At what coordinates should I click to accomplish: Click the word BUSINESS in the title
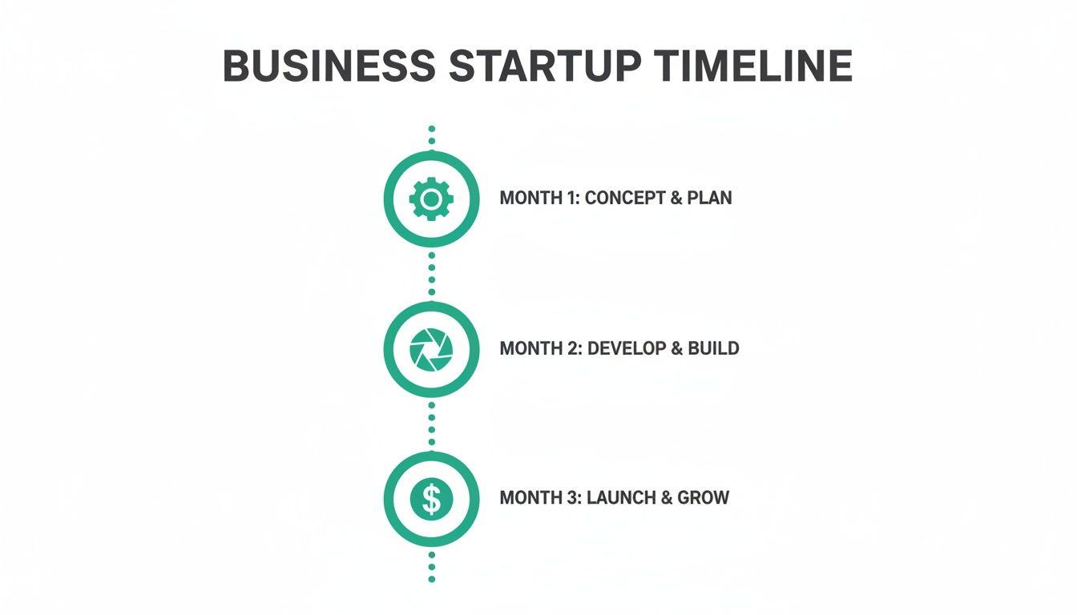pyautogui.click(x=329, y=66)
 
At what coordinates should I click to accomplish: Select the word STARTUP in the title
pyautogui.click(x=545, y=66)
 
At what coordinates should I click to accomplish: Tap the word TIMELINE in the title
pyautogui.click(x=754, y=66)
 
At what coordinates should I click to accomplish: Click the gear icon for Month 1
pyautogui.click(x=431, y=199)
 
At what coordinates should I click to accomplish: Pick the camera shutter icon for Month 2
pyautogui.click(x=431, y=349)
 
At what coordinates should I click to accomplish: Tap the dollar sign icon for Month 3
pyautogui.click(x=431, y=500)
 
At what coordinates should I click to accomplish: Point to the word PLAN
pyautogui.click(x=708, y=198)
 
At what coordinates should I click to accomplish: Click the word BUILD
pyautogui.click(x=713, y=348)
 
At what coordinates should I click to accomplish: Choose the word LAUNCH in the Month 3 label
pyautogui.click(x=621, y=497)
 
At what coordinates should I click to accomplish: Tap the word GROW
pyautogui.click(x=703, y=497)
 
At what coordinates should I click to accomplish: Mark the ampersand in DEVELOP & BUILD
pyautogui.click(x=676, y=348)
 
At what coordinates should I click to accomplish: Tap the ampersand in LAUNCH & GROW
pyautogui.click(x=665, y=497)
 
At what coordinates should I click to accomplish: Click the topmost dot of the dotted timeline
pyautogui.click(x=431, y=128)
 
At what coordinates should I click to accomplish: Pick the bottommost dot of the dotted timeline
pyautogui.click(x=431, y=578)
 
